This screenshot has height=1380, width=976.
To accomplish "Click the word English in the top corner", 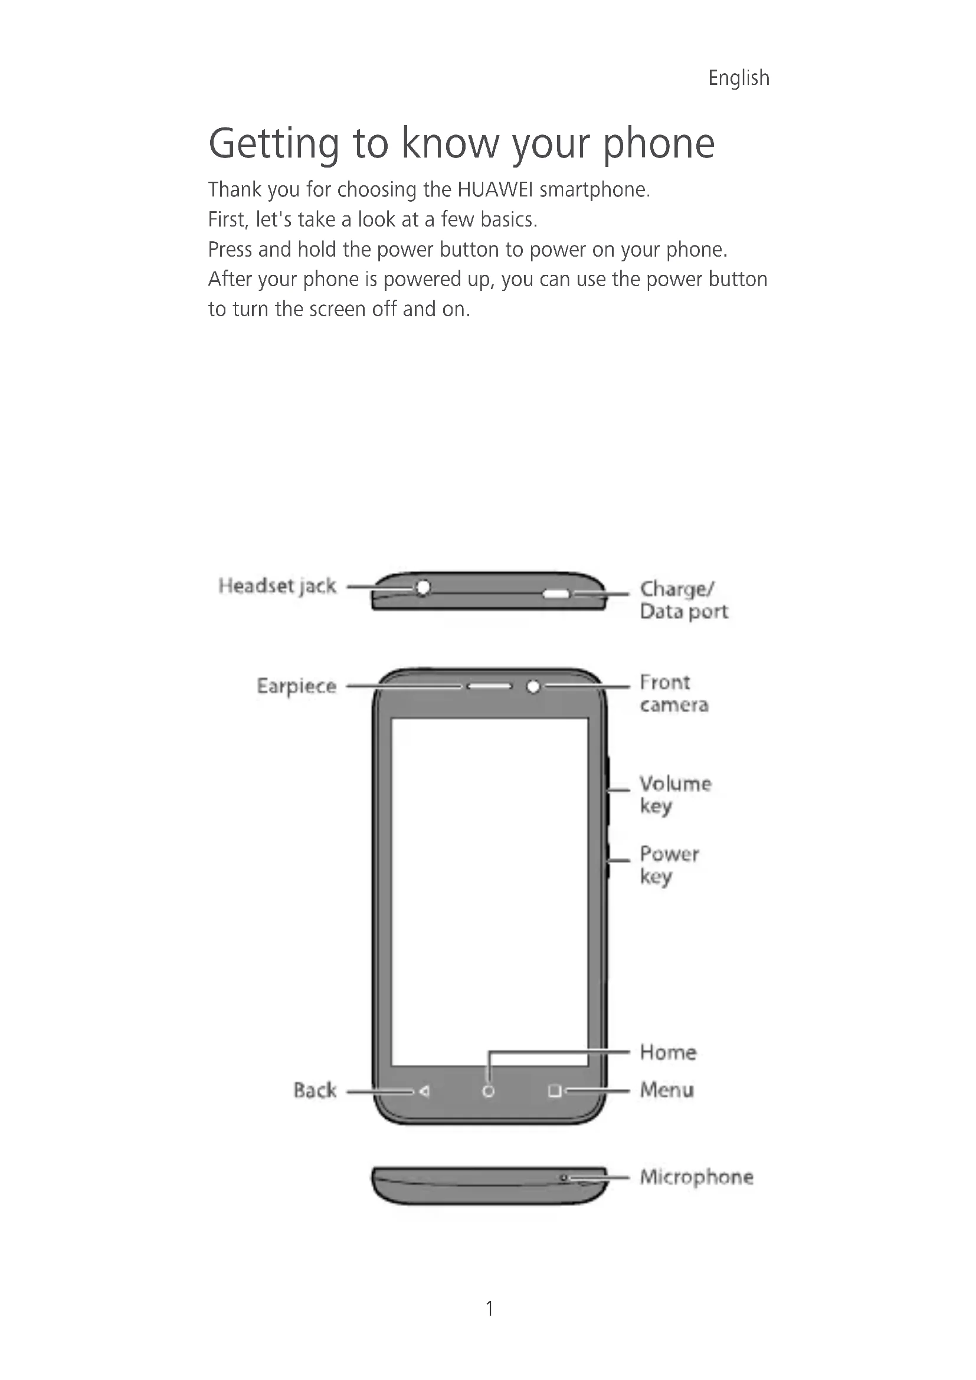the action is (x=738, y=78).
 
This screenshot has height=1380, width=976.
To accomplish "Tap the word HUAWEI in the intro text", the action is (x=494, y=190).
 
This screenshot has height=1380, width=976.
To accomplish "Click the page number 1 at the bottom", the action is (x=489, y=1309).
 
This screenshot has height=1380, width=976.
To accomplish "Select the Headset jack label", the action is (x=277, y=586).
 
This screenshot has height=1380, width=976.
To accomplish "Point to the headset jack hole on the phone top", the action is (x=423, y=586).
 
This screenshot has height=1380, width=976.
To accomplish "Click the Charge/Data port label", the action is (x=683, y=600).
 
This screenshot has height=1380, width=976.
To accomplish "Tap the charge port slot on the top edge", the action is (x=556, y=595).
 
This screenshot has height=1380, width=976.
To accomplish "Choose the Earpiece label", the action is (x=296, y=686).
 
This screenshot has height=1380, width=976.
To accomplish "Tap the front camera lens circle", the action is (x=533, y=686).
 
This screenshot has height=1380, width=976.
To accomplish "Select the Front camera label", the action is (x=673, y=694).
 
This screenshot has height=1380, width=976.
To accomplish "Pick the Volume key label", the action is (x=675, y=795).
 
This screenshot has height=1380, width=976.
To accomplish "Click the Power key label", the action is (x=669, y=865).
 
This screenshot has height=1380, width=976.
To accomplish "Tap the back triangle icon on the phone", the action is (x=424, y=1091).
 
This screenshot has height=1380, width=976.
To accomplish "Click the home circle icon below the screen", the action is (x=489, y=1091).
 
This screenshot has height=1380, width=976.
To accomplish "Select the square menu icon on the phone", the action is (x=554, y=1090).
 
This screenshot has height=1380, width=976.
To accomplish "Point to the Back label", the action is (x=315, y=1090).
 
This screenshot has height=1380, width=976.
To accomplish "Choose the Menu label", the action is (x=666, y=1090).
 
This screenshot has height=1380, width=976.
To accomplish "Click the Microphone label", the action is (x=696, y=1177).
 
